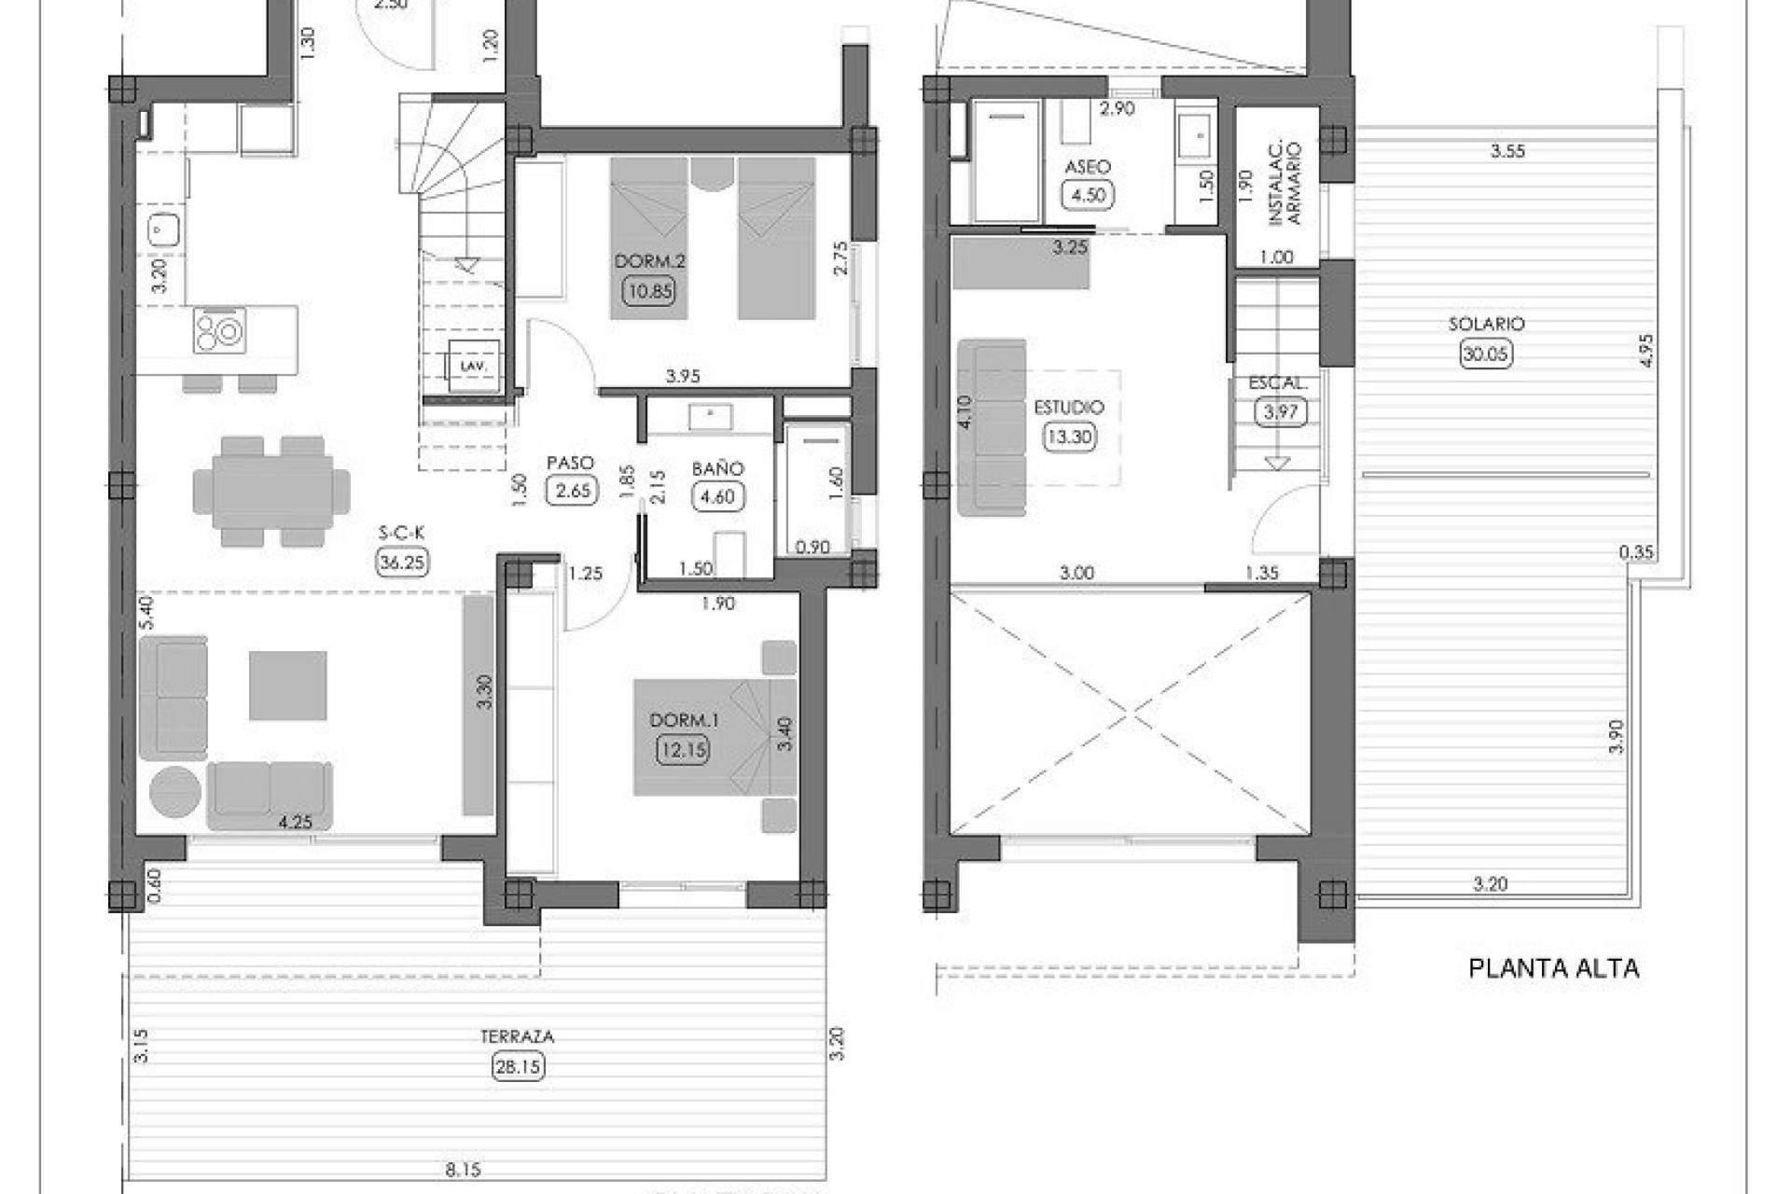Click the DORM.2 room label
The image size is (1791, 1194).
tap(649, 261)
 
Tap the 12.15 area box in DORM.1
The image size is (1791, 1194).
tap(682, 749)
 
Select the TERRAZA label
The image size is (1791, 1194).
tap(517, 1036)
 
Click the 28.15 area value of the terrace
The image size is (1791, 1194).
tap(518, 1066)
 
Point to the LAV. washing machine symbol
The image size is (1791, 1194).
tap(473, 366)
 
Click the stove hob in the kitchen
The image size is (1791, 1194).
tap(220, 330)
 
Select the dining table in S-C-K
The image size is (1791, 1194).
tap(271, 491)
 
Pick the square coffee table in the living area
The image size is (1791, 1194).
tap(287, 686)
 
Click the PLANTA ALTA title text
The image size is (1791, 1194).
tap(1553, 968)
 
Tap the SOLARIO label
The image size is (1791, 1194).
tap(1486, 324)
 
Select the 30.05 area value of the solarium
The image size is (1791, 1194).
tap(1486, 354)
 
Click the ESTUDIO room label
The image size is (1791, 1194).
tap(1069, 408)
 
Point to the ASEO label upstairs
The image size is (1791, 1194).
tap(1088, 167)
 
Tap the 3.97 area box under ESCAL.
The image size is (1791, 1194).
tap(1279, 411)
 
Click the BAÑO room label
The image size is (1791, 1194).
tap(717, 468)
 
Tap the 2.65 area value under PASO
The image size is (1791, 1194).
tap(571, 491)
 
